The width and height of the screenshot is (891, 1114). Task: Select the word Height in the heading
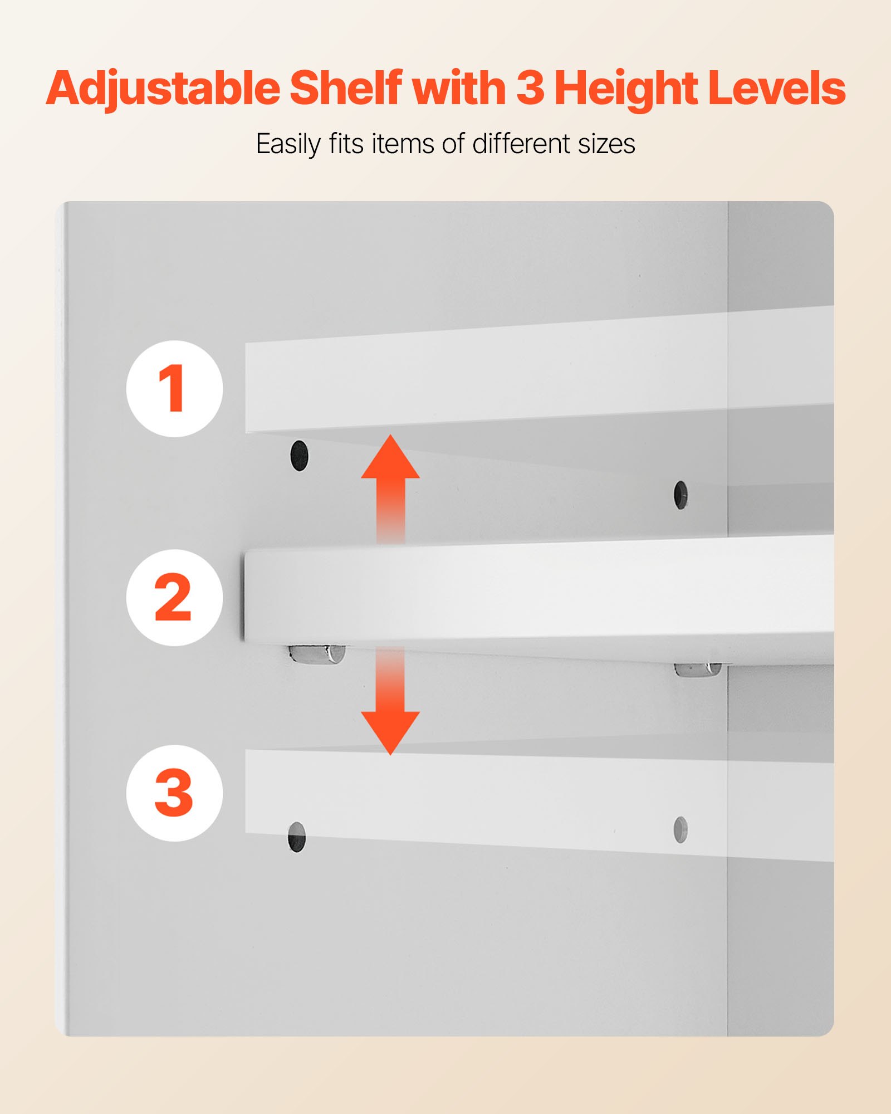coord(626,89)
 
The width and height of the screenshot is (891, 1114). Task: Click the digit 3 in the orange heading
coord(530,87)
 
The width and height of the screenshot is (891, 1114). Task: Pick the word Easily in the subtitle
coord(288,144)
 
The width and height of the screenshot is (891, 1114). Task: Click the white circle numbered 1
coord(174,388)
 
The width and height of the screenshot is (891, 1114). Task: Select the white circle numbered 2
coord(174,597)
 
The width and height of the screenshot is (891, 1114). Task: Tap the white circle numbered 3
coord(174,793)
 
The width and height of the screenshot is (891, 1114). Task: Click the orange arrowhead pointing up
coord(390,458)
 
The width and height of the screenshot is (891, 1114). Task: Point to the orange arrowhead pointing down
coord(390,732)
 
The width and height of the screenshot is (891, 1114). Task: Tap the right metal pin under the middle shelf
coord(698,669)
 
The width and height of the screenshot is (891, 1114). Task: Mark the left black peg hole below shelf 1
coord(299,455)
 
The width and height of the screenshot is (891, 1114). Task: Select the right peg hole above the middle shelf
coord(681,495)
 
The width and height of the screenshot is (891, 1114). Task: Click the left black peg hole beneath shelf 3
coord(297,837)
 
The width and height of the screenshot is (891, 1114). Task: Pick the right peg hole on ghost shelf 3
coord(681,830)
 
